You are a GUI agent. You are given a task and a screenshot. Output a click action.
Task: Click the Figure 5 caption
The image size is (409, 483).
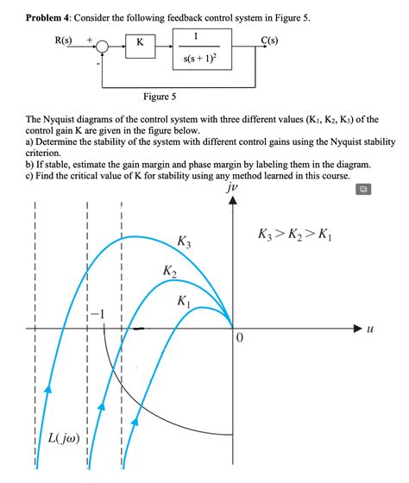coord(161,97)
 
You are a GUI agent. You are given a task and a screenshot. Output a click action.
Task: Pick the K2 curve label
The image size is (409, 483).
coord(169,273)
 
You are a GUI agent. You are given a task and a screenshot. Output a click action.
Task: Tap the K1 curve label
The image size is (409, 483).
coord(184,302)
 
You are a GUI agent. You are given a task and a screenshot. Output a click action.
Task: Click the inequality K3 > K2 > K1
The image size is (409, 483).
coord(293,235)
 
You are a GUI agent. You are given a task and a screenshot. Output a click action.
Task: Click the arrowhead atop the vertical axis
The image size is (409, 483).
coord(231,202)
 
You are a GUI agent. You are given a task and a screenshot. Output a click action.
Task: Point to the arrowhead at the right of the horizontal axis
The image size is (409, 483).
coord(359,329)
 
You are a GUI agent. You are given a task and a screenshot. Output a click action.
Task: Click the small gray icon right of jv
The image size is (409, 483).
coord(364,188)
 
